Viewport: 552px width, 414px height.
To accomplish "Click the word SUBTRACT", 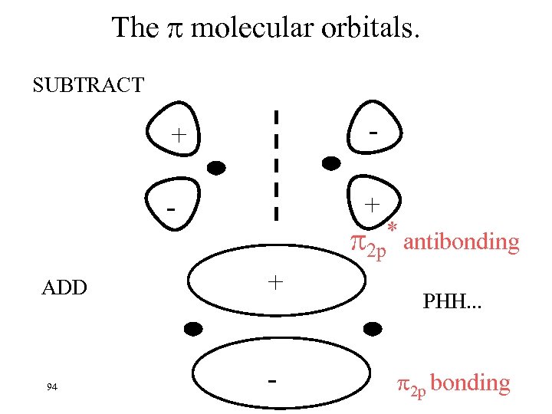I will [x=88, y=84].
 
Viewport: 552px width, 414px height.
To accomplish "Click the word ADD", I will [x=64, y=288].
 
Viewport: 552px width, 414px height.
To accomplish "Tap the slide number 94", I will [x=52, y=386].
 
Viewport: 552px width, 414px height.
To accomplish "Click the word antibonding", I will [x=461, y=242].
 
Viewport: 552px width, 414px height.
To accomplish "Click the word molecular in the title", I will [x=249, y=28].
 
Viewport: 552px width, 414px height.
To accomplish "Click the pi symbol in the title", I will [x=173, y=29].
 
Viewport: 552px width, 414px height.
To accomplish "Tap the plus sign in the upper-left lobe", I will [x=179, y=136].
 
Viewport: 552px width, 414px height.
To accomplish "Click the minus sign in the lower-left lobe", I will [x=172, y=209].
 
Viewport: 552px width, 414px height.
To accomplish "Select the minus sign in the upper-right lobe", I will [x=373, y=131].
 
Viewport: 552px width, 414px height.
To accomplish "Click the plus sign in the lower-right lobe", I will [x=372, y=205].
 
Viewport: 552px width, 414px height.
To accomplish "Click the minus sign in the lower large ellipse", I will [x=273, y=379].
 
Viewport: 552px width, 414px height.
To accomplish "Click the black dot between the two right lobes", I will [x=330, y=163].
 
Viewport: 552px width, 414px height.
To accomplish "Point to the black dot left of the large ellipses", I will [x=192, y=329].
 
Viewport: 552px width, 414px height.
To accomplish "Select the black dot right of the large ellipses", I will [x=373, y=329].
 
